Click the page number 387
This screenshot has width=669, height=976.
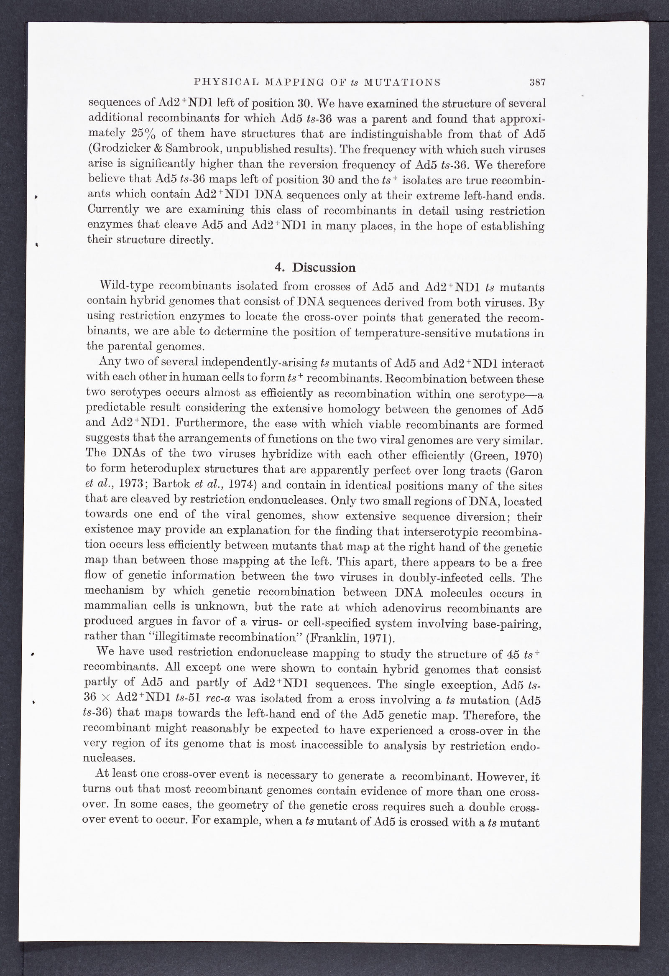(537, 82)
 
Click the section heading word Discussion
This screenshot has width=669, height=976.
(324, 267)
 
